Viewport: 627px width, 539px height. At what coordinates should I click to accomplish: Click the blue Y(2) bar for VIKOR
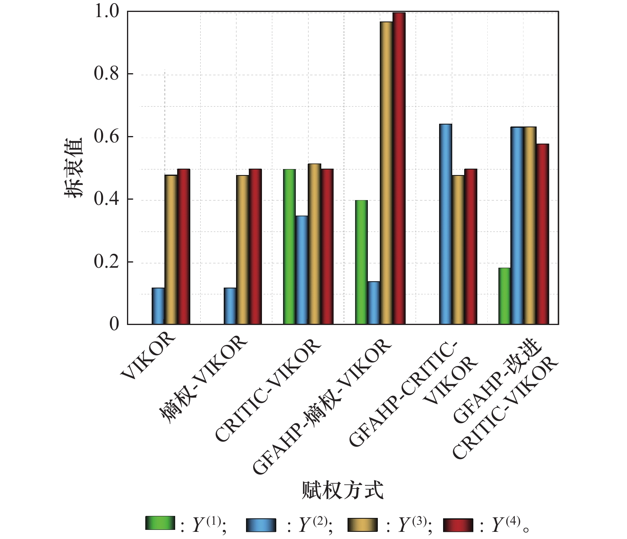158,306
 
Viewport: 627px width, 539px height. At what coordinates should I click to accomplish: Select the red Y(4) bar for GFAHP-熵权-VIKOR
399,169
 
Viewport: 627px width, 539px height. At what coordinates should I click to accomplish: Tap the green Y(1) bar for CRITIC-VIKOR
289,247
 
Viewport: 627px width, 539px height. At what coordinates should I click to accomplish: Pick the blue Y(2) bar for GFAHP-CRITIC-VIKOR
445,224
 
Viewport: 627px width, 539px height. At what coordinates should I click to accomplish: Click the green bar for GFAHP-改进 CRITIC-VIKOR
504,296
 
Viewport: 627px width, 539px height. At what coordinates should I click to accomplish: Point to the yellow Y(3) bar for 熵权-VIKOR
242,250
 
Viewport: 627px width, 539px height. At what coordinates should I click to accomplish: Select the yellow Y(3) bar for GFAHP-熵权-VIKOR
386,173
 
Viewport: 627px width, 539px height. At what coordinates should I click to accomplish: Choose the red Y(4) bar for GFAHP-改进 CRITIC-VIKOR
542,234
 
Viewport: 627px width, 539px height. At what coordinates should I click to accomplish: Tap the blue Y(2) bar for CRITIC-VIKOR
302,270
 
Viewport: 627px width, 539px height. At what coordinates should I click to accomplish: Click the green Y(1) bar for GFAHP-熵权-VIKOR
361,262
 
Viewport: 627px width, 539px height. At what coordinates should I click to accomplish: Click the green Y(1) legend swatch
160,523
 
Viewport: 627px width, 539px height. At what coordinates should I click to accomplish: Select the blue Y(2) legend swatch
261,525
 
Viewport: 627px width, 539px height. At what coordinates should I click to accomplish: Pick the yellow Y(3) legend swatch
362,525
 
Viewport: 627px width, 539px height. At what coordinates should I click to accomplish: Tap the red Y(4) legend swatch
458,525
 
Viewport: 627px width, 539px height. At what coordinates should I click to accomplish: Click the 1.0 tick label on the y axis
106,12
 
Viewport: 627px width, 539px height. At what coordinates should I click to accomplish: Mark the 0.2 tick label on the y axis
106,262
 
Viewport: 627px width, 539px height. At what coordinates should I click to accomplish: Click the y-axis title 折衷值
74,167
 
